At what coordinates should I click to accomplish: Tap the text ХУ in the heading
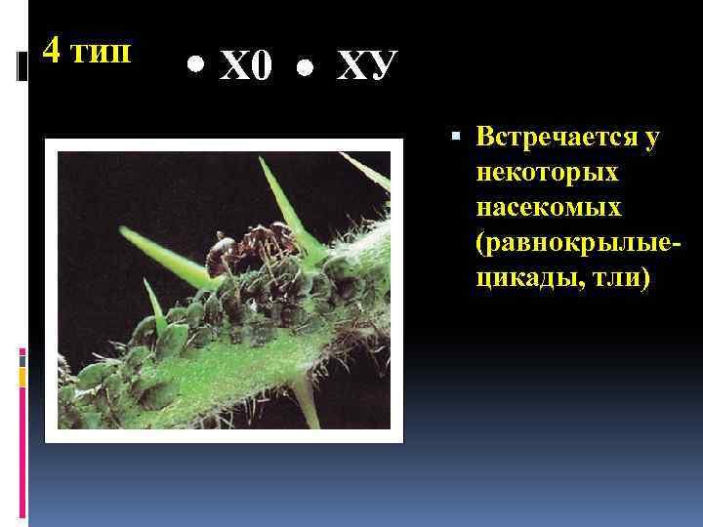[x=366, y=66]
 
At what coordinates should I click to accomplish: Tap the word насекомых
[x=549, y=207]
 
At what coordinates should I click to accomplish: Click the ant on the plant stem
[x=234, y=259]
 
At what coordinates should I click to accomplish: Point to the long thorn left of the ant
[x=161, y=254]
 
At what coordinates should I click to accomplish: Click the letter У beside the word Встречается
[x=650, y=139]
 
